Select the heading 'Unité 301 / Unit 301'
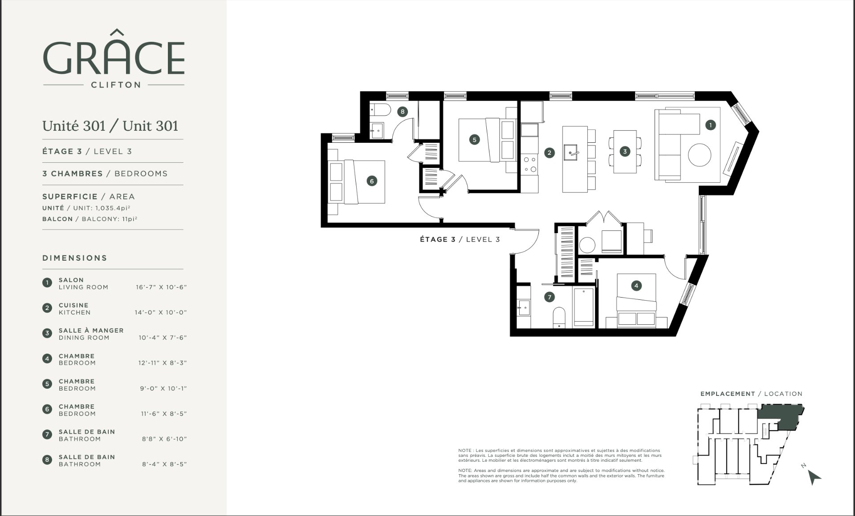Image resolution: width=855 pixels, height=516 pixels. tap(110, 126)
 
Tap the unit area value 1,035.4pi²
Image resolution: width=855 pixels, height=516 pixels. tap(113, 208)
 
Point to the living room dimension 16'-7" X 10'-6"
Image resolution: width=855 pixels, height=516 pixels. tap(161, 287)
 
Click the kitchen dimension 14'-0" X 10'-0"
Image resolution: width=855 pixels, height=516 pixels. tap(161, 313)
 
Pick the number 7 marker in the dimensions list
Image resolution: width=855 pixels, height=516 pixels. tap(47, 435)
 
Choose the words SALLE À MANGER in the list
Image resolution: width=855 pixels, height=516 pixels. tap(91, 331)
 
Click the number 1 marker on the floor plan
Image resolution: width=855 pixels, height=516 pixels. tap(710, 125)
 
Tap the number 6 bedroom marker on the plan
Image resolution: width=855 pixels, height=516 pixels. tap(371, 181)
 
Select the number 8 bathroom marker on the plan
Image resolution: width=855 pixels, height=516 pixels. tap(403, 112)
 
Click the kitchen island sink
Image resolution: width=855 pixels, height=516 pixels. tap(571, 153)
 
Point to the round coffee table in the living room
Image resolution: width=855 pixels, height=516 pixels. tap(700, 155)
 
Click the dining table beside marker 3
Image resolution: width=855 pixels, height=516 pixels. tap(625, 152)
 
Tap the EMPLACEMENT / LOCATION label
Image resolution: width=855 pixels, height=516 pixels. tap(751, 394)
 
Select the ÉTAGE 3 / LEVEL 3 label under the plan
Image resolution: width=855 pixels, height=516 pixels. tap(460, 239)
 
